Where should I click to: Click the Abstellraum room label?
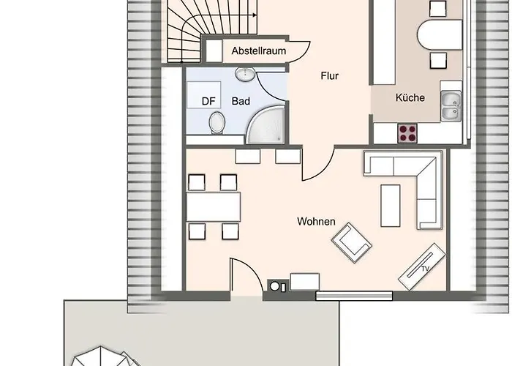tap(259, 51)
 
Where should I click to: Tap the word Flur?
tap(329, 76)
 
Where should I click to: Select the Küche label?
tap(410, 97)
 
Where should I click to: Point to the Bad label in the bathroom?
tap(241, 101)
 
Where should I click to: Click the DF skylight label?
tap(208, 101)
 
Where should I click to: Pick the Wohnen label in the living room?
tap(316, 222)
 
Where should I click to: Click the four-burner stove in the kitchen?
tap(407, 133)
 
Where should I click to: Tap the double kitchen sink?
tap(451, 106)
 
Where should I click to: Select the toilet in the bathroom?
tap(217, 123)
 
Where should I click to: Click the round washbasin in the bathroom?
tap(245, 74)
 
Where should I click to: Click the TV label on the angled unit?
tap(425, 269)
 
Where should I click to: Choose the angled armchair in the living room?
tap(352, 243)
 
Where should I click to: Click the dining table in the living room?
tap(214, 207)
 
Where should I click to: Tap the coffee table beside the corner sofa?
tap(390, 206)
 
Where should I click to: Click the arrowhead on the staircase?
tap(255, 15)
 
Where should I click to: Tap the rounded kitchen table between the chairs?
tap(440, 34)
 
